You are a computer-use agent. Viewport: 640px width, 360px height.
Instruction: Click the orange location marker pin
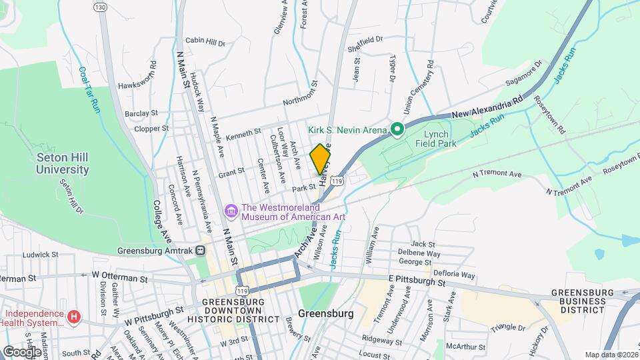coord(321,159)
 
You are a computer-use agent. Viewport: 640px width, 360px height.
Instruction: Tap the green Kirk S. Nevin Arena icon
coord(397,129)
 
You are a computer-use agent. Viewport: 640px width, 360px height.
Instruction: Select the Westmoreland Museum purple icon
coord(231,211)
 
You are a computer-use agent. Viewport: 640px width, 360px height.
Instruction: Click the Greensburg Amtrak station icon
coord(200,251)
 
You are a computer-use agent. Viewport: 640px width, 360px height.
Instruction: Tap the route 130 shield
coord(100,7)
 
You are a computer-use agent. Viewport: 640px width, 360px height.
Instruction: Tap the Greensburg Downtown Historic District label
coord(240,310)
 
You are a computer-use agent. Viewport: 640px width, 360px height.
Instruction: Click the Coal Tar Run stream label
coord(89,89)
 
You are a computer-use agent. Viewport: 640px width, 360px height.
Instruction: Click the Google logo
coord(21,351)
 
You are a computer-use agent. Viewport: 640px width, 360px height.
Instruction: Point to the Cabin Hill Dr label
coord(205,42)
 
